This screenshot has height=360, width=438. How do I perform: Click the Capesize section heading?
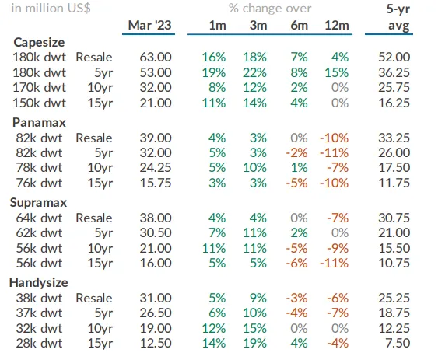pos(39,43)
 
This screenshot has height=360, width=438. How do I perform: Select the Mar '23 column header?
pos(149,25)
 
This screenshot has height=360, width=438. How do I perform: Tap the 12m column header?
pos(337,26)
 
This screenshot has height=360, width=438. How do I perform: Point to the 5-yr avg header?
pos(398,17)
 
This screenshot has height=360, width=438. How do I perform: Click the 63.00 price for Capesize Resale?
pos(156,57)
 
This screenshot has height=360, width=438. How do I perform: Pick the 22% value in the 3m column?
pos(254,72)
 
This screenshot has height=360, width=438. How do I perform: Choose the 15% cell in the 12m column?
pos(337,72)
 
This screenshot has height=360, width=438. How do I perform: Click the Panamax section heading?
pos(39,123)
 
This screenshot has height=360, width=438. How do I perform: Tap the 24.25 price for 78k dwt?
pos(156,168)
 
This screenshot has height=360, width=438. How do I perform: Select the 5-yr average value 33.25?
pos(394,138)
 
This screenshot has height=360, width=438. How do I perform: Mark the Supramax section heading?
pos(39,203)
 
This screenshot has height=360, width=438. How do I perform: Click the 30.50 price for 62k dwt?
pos(156,232)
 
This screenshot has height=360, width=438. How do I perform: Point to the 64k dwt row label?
pos(39,218)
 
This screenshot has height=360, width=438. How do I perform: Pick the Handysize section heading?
pos(39,283)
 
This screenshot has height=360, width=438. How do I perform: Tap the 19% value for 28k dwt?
pos(254,343)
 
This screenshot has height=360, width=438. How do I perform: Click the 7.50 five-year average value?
pos(398,343)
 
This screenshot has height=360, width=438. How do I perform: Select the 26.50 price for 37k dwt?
pos(156,313)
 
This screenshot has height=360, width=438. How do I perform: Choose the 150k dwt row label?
pos(40,103)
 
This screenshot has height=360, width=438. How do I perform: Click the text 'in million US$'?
pos(51,9)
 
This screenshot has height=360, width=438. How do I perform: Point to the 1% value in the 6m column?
pos(300,168)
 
